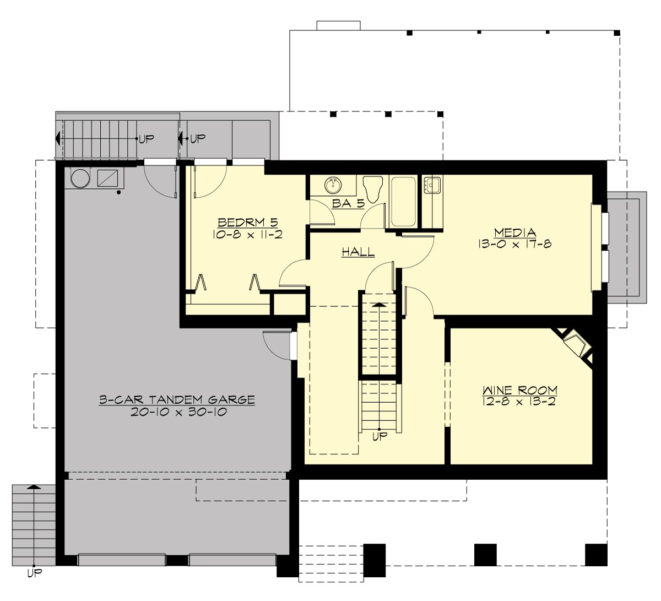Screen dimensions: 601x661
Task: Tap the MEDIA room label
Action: point(515,232)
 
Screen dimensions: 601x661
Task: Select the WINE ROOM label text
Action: point(520,390)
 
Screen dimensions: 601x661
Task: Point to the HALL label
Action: point(358,252)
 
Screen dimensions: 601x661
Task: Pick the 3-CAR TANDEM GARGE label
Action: point(177,400)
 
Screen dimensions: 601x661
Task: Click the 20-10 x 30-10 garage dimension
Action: point(179,412)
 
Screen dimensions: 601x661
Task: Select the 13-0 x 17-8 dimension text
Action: point(515,244)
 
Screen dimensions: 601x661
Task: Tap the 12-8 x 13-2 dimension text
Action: point(521,401)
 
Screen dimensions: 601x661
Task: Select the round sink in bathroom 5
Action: point(333,185)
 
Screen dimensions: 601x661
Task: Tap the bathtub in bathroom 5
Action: point(403,201)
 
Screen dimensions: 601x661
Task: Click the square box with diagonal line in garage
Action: point(107,178)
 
